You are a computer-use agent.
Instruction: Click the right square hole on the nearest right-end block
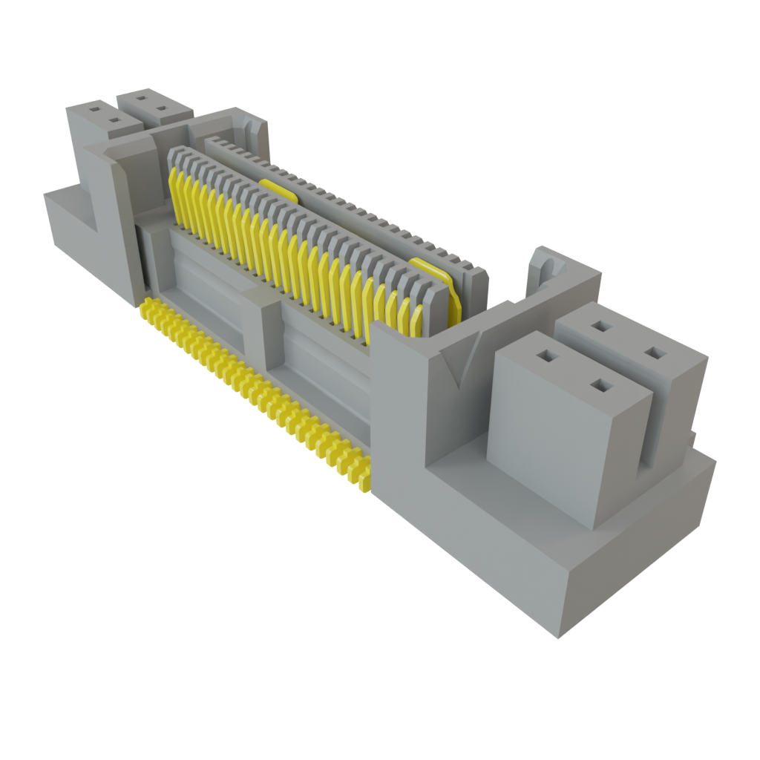(x=600, y=384)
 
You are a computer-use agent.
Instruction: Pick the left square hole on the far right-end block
(x=599, y=326)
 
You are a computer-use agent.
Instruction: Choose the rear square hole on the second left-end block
(x=141, y=96)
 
